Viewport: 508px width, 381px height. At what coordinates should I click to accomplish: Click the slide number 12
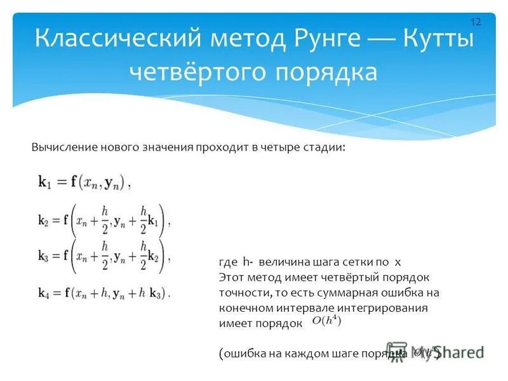coord(476,22)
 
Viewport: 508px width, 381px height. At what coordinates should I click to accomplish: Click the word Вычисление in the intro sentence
coord(63,147)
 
